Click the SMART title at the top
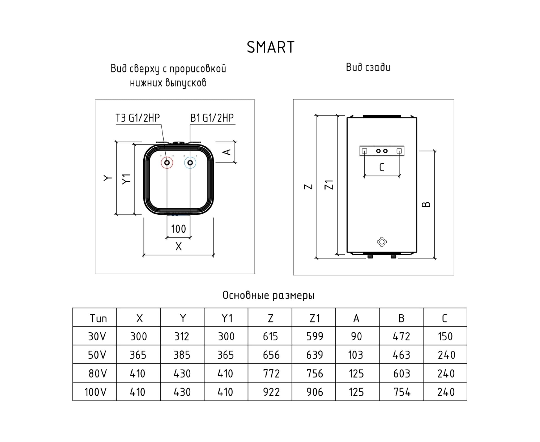click(x=270, y=47)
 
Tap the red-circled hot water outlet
click(x=167, y=163)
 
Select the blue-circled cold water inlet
click(x=190, y=163)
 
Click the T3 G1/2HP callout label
click(x=137, y=118)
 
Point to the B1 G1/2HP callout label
click(x=212, y=118)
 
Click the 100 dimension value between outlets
click(x=178, y=229)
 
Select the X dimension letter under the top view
click(x=178, y=246)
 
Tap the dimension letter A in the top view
click(x=227, y=152)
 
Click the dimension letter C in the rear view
click(x=381, y=167)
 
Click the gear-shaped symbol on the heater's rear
click(x=382, y=242)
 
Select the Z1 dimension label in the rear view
click(x=329, y=185)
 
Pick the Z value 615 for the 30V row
click(x=270, y=337)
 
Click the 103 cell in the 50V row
click(x=356, y=355)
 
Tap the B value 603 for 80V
click(x=401, y=374)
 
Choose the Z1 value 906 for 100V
click(x=315, y=392)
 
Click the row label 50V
click(x=97, y=355)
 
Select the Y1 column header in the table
click(x=227, y=318)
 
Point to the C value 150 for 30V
click(x=445, y=337)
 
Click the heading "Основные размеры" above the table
click(x=268, y=295)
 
